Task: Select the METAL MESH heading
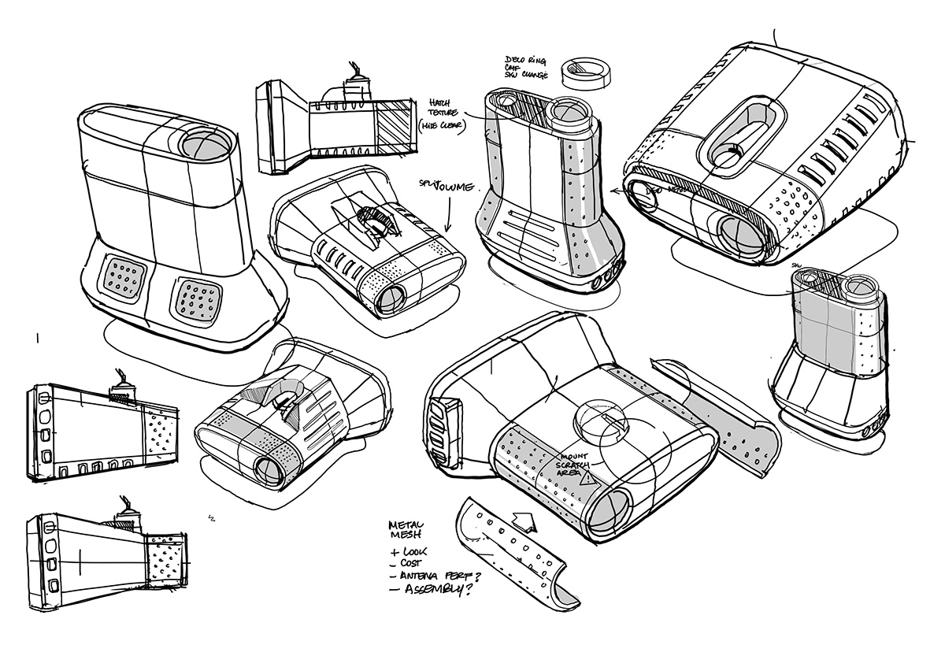coord(407,528)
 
